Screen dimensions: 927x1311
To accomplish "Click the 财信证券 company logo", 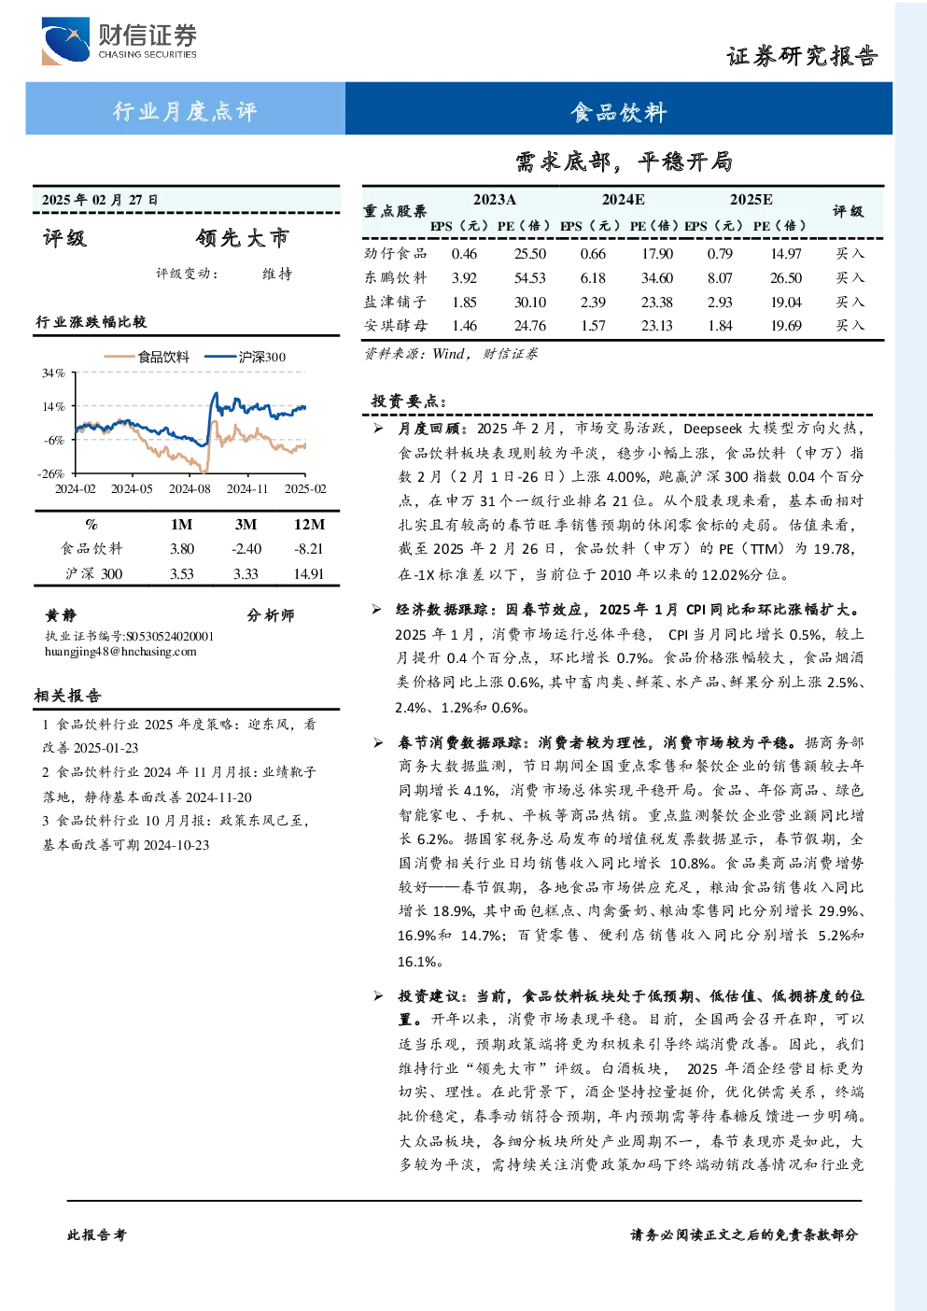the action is pyautogui.click(x=119, y=40).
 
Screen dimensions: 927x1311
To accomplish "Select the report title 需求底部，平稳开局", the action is pyautogui.click(x=624, y=162).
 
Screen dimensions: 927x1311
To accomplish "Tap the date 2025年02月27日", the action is pyautogui.click(x=100, y=200).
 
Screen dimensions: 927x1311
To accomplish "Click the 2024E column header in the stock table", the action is pyautogui.click(x=623, y=200).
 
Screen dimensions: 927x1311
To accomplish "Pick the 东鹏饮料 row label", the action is pyautogui.click(x=396, y=277).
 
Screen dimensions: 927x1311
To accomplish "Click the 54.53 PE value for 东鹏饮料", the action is pyautogui.click(x=529, y=278).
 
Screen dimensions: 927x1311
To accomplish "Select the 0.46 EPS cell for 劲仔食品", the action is pyautogui.click(x=464, y=253).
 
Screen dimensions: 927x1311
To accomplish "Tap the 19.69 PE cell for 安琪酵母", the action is pyautogui.click(x=785, y=326).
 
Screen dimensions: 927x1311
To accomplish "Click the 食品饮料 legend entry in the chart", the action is pyautogui.click(x=147, y=357).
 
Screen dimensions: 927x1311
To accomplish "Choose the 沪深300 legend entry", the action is pyautogui.click(x=246, y=357).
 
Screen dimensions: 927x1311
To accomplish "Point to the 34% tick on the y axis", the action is pyautogui.click(x=53, y=373).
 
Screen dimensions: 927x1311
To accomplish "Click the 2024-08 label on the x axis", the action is pyautogui.click(x=189, y=489).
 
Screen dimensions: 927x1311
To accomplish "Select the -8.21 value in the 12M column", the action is pyautogui.click(x=308, y=549).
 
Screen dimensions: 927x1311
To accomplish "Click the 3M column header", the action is pyautogui.click(x=246, y=525).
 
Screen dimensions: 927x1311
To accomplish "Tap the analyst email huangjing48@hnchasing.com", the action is pyautogui.click(x=120, y=652).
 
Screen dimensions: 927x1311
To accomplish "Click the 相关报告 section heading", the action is pyautogui.click(x=68, y=696).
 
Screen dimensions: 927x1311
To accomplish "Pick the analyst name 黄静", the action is pyautogui.click(x=61, y=615).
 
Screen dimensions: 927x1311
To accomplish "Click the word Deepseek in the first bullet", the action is pyautogui.click(x=713, y=429).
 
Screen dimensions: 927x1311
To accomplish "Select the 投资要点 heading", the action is pyautogui.click(x=409, y=402).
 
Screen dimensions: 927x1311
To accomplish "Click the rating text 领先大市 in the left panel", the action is pyautogui.click(x=243, y=238).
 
